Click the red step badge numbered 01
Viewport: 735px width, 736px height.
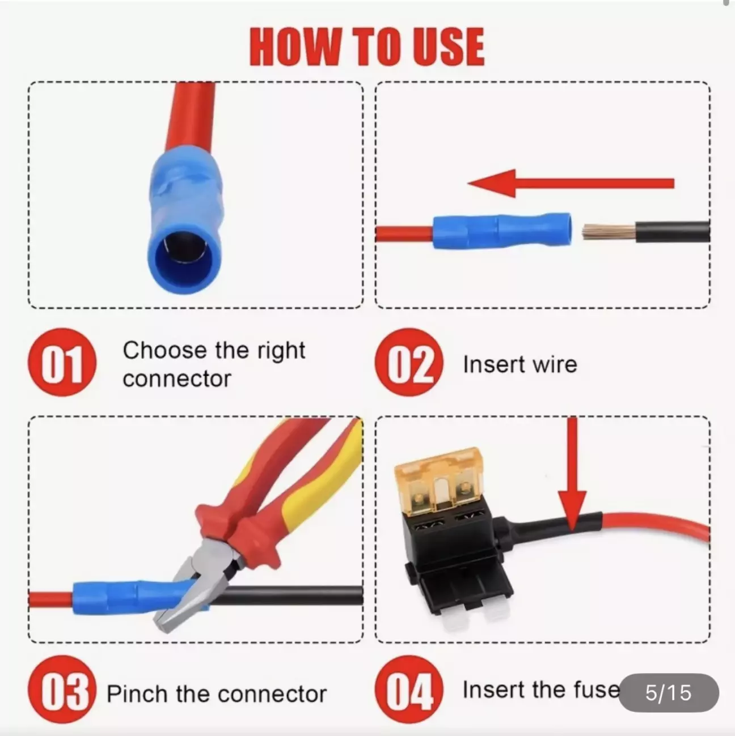click(62, 362)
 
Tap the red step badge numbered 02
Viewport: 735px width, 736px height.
click(409, 362)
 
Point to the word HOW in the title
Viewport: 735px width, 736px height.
click(295, 48)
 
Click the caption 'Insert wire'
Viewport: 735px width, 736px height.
click(520, 364)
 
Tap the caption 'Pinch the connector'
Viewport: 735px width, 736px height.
click(217, 694)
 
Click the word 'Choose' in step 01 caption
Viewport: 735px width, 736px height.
click(164, 350)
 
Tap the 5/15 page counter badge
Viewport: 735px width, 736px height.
click(669, 692)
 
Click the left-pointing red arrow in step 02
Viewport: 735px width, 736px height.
click(571, 184)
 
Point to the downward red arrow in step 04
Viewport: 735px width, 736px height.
click(572, 474)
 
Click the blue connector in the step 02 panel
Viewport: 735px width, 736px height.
click(502, 230)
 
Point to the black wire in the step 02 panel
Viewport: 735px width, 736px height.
click(672, 232)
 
